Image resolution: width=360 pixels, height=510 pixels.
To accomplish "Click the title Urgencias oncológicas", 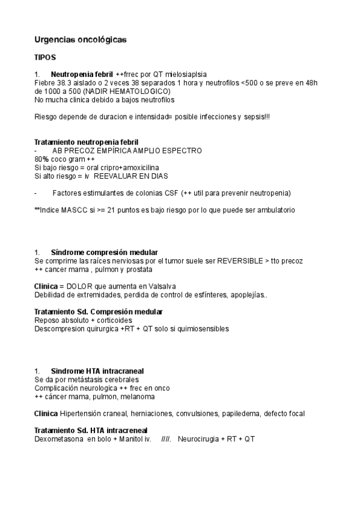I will click(x=80, y=40).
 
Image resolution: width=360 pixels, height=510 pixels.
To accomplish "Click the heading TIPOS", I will click(x=45, y=58).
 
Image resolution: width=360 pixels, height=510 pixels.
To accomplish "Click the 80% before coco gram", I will click(x=41, y=159).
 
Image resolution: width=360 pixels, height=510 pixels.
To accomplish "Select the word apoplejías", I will click(x=245, y=295).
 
